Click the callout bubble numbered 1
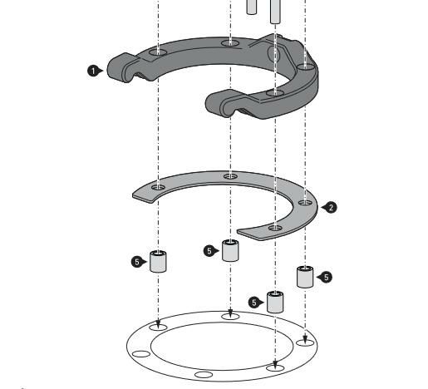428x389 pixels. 93,71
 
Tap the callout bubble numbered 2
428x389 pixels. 331,207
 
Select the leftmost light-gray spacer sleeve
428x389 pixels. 158,261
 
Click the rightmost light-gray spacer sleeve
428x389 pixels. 305,277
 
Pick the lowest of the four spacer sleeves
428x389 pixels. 275,302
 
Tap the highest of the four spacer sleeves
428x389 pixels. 230,250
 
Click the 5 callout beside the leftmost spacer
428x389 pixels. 138,262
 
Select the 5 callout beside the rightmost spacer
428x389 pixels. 326,278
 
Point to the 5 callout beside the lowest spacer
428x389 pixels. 254,303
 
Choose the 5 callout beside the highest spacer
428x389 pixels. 209,251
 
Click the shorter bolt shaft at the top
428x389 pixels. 251,7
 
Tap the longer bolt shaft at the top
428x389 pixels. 275,12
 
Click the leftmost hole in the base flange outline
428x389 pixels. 141,354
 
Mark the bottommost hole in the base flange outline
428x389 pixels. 204,375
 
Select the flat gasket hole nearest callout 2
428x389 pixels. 305,203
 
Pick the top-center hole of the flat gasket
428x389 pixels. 230,176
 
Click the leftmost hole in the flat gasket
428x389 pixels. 158,187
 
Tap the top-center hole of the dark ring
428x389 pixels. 230,43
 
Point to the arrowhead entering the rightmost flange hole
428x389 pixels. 305,340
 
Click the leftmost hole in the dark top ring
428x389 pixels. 158,52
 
